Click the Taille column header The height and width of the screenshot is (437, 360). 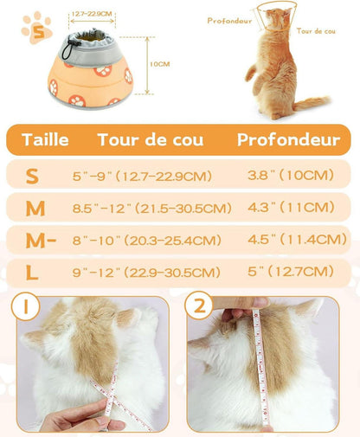coord(45,139)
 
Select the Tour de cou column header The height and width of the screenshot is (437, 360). coord(151,139)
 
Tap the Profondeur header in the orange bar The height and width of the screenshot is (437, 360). coord(288,139)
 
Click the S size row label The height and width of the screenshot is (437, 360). coord(32,176)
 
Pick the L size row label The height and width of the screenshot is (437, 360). coord(32,273)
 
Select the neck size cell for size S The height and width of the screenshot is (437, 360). coord(142,176)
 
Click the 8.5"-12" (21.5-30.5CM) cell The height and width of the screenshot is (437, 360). coord(152,208)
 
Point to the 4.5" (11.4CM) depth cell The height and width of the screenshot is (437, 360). coord(297,239)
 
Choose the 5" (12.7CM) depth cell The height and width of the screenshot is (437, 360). coord(291,271)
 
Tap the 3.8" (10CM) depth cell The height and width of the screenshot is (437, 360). coord(291,175)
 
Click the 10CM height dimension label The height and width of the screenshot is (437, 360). coord(159,64)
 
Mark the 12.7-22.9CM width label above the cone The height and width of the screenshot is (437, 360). coord(92,14)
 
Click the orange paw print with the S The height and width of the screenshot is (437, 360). coord(37,29)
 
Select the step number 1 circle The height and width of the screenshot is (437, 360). coord(25,306)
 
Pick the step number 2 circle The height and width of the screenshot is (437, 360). coord(199,305)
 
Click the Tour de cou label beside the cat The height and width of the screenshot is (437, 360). coord(316,31)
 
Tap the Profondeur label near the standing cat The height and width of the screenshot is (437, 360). coord(229,21)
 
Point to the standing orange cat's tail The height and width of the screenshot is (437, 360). coord(312,103)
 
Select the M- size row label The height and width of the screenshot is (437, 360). coord(41,241)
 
